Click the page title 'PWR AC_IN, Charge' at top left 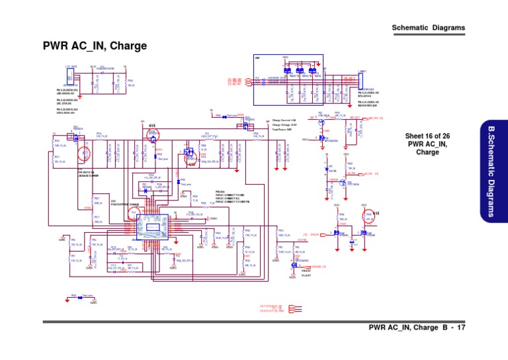95,46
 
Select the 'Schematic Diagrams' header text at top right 429,28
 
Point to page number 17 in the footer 461,328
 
